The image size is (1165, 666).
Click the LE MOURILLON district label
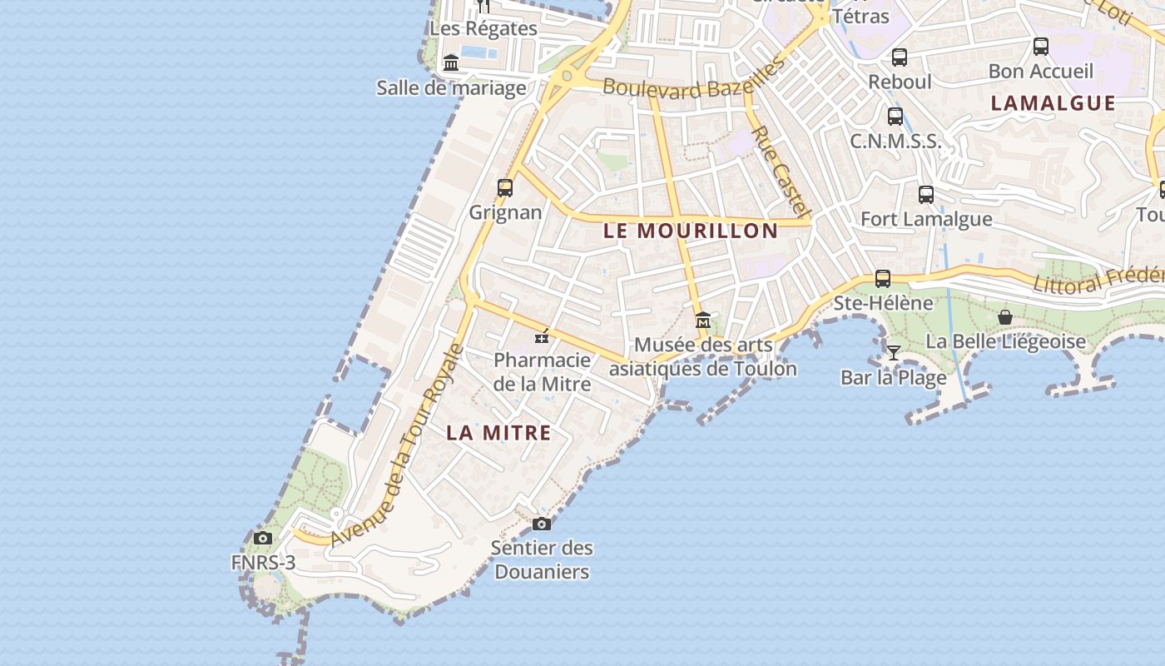[x=690, y=231]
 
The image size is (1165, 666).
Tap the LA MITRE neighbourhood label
[x=498, y=433]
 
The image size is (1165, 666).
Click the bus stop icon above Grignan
[x=505, y=187]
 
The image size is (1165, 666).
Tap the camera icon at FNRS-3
[x=263, y=538]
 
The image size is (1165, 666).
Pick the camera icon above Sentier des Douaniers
[x=542, y=524]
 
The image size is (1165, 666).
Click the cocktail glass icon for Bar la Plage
[x=893, y=353]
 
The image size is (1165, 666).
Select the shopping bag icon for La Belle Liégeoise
[x=1005, y=317]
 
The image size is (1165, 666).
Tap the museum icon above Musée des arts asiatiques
[x=703, y=320]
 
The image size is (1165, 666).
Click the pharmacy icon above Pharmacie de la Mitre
[x=542, y=336]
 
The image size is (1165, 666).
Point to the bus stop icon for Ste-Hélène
[x=883, y=278]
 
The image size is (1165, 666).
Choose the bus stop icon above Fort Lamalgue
[x=926, y=195]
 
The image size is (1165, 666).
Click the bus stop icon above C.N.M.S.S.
[x=895, y=117]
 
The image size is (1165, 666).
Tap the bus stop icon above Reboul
[x=900, y=57]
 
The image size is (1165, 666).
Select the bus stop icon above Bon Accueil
[x=1040, y=47]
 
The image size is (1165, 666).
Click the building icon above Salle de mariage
[x=451, y=62]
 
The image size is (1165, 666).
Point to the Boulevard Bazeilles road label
[x=694, y=79]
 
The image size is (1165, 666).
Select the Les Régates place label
[x=483, y=28]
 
